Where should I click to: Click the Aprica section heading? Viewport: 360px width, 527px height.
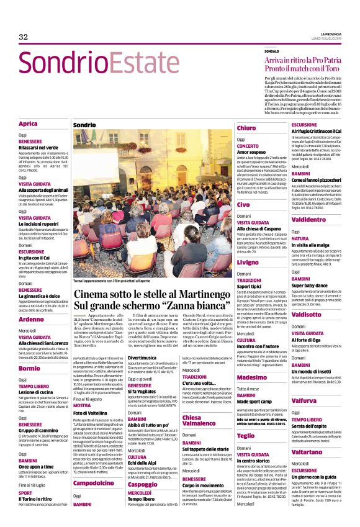pyautogui.click(x=28, y=124)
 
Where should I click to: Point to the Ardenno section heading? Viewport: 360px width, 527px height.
pyautogui.click(x=31, y=319)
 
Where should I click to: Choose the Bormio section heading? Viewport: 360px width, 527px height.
pyautogui.click(x=29, y=367)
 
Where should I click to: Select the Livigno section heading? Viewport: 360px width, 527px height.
pyautogui.click(x=248, y=263)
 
